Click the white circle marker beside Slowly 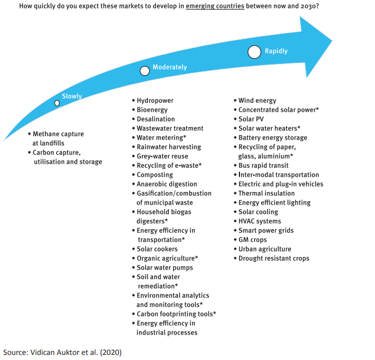pos(57,103)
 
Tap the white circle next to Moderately pos(145,71)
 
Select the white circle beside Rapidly pos(255,52)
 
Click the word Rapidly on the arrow pos(276,51)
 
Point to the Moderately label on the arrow pos(169,67)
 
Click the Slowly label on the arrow pos(72,96)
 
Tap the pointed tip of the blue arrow pos(332,41)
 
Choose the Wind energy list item pos(257,101)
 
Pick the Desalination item pos(155,119)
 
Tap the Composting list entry pos(155,175)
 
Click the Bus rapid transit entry pos(263,166)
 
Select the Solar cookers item pos(157,249)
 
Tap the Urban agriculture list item pos(264,249)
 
